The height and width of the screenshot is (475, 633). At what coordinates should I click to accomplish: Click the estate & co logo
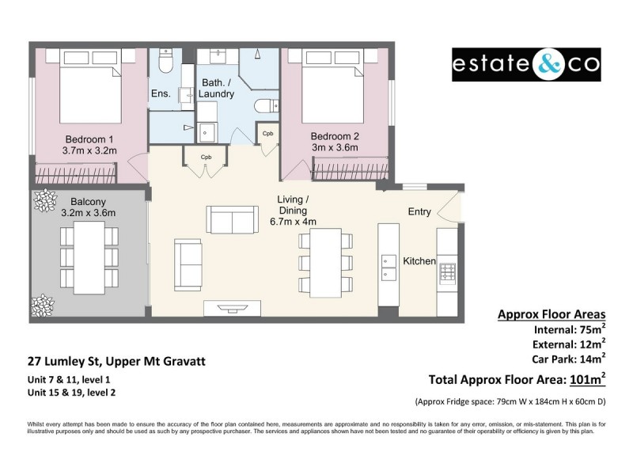click(x=526, y=65)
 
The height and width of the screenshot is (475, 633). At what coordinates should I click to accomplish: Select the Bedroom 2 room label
click(x=334, y=141)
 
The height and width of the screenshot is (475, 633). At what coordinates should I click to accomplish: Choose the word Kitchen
click(x=419, y=261)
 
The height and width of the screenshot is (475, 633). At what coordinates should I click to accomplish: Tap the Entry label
click(x=419, y=211)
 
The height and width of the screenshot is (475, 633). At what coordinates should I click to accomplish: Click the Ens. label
click(x=161, y=94)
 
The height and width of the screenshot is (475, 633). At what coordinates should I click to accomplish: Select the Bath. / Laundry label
click(x=218, y=88)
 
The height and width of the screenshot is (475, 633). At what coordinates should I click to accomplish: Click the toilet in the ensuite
click(x=165, y=59)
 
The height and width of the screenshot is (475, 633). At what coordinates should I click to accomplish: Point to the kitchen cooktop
click(x=447, y=272)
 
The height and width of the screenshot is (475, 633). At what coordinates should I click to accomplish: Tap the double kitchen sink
click(x=389, y=268)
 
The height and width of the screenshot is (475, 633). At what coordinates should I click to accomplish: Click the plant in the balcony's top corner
click(x=41, y=203)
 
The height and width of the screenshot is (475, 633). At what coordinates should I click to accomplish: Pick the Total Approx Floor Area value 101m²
click(x=584, y=378)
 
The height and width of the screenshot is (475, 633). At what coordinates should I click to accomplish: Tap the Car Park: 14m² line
click(x=562, y=358)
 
